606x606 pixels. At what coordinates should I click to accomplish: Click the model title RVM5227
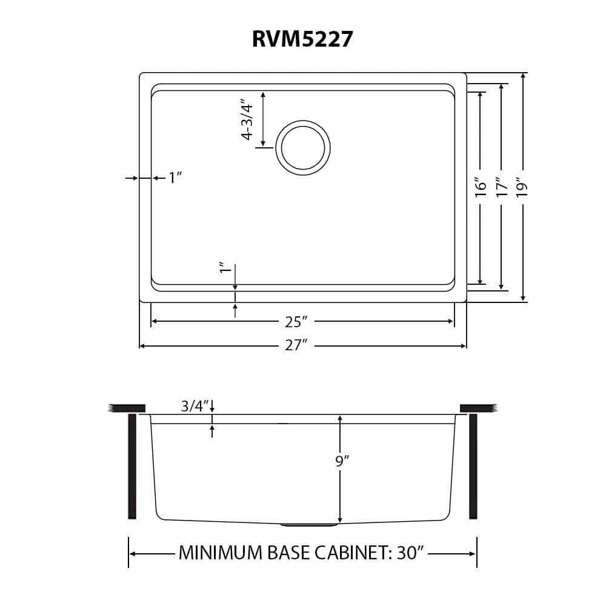[x=302, y=39]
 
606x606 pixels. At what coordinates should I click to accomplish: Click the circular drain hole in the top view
[x=303, y=148]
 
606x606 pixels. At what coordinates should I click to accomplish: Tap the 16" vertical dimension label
[x=481, y=187]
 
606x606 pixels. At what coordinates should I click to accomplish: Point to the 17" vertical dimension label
[x=501, y=187]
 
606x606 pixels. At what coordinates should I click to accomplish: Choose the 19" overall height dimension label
[x=523, y=187]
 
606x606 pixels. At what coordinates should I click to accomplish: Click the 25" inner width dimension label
[x=302, y=321]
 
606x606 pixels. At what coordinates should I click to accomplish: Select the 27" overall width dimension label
[x=302, y=345]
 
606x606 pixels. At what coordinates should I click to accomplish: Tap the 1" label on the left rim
[x=175, y=178]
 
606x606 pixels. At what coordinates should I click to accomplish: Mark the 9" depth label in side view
[x=342, y=462]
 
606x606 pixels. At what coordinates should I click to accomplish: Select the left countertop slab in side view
[x=127, y=408]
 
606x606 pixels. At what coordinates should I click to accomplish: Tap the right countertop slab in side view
[x=478, y=408]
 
